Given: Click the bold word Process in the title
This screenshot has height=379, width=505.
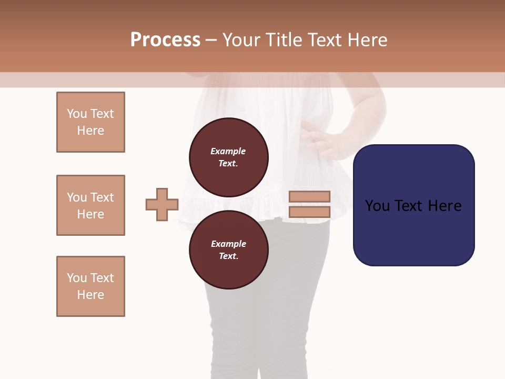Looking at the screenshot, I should pyautogui.click(x=165, y=40).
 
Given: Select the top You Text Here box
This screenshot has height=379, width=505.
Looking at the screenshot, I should pyautogui.click(x=90, y=122).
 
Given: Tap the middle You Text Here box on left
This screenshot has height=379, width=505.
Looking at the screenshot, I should pyautogui.click(x=90, y=205).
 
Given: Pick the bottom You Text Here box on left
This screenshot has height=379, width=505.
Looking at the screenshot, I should pyautogui.click(x=90, y=286).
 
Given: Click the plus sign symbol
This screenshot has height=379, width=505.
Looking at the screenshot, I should pyautogui.click(x=162, y=205).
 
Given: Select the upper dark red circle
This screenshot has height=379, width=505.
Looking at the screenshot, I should pyautogui.click(x=228, y=157).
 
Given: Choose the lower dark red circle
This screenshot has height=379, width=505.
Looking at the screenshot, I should pyautogui.click(x=228, y=250).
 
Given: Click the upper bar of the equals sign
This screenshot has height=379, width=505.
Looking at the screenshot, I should pyautogui.click(x=309, y=196).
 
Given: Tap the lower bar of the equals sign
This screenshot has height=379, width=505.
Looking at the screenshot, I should pyautogui.click(x=309, y=212).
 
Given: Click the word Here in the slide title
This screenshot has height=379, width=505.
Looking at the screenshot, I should pyautogui.click(x=367, y=40).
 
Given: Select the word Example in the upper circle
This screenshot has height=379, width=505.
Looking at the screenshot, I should pyautogui.click(x=228, y=151).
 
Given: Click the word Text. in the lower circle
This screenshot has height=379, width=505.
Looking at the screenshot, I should pyautogui.click(x=228, y=256).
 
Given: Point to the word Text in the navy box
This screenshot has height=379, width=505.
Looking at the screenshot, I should pyautogui.click(x=410, y=206).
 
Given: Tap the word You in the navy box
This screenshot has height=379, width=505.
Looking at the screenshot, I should pyautogui.click(x=377, y=206).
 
